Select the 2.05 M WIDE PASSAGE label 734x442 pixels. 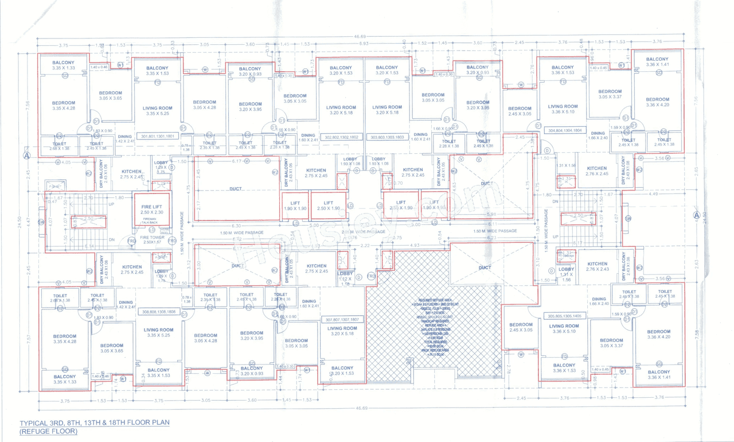(363, 231)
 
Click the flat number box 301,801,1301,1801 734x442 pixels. (157, 136)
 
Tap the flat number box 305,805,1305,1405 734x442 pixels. (565, 316)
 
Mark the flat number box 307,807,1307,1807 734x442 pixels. (342, 319)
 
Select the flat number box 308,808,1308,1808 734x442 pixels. (158, 311)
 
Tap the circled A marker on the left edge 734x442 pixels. (26, 155)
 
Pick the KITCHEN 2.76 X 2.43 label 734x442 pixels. (598, 266)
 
